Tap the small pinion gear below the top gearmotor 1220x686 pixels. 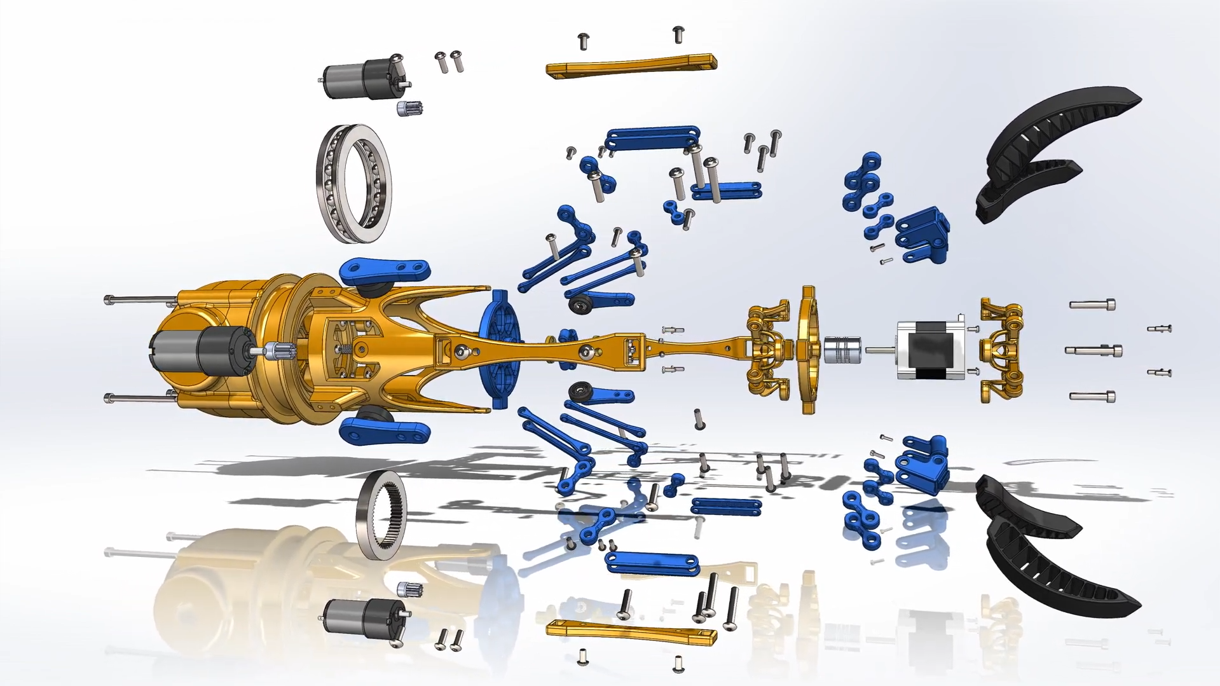pyautogui.click(x=409, y=109)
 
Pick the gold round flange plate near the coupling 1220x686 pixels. pyautogui.click(x=808, y=350)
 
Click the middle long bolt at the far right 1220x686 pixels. pyautogui.click(x=1093, y=350)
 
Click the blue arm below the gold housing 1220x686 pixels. pyautogui.click(x=385, y=430)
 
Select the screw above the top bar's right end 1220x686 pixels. pyautogui.click(x=678, y=34)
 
